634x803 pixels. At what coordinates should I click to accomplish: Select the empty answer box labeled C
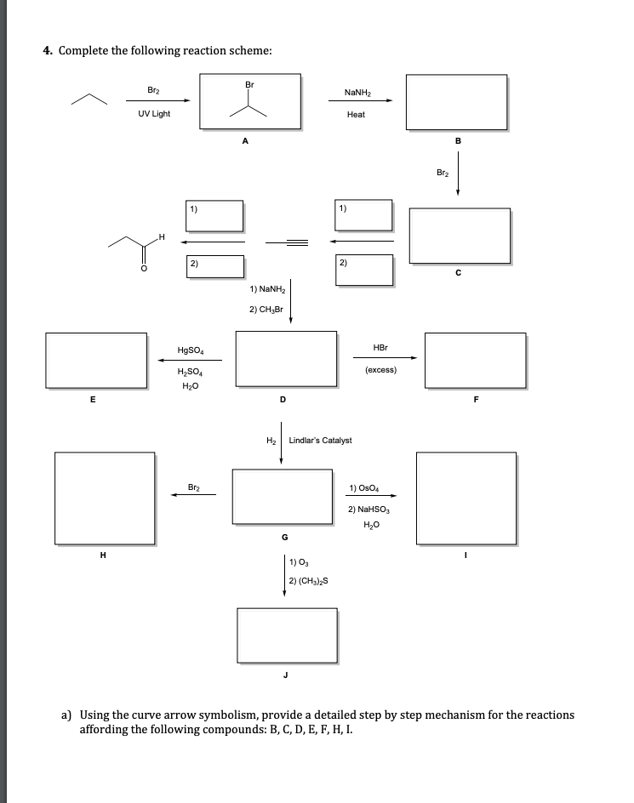[x=460, y=235]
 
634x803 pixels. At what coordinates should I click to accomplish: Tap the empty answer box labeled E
[x=96, y=360]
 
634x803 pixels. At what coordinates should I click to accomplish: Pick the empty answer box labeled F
[x=476, y=360]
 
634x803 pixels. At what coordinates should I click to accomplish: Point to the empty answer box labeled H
[x=106, y=498]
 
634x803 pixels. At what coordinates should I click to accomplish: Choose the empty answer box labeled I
[x=466, y=498]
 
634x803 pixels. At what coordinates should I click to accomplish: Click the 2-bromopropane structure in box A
[x=250, y=101]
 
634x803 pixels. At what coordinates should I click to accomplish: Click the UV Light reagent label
[x=154, y=114]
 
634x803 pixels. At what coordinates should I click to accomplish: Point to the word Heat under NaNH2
[x=356, y=114]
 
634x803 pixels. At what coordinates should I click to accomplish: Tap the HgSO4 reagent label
[x=189, y=350]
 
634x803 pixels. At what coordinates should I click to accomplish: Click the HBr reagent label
[x=380, y=347]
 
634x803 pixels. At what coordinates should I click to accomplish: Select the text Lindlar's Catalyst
[x=320, y=441]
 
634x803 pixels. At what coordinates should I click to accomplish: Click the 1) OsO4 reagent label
[x=364, y=488]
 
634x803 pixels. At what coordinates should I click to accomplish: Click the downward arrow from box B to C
[x=458, y=174]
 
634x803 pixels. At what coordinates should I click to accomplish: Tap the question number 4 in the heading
[x=48, y=50]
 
